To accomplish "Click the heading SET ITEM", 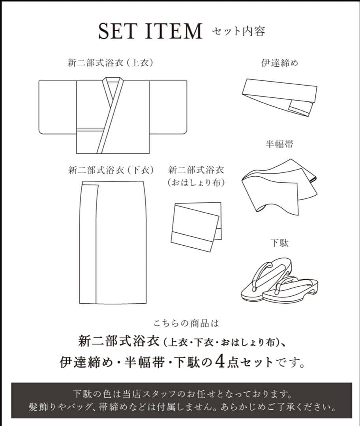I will click(x=150, y=31).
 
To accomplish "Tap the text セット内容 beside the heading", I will click(x=238, y=30).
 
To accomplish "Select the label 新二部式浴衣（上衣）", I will click(x=110, y=63).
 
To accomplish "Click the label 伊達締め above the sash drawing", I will click(x=279, y=63).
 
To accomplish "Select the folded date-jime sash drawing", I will click(x=278, y=97).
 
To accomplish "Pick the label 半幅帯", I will click(x=279, y=144).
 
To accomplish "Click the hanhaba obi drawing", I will click(x=278, y=185).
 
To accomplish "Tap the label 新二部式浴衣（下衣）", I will click(x=111, y=170).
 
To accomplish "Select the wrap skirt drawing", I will click(x=112, y=243).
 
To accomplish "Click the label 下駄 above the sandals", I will click(x=279, y=243).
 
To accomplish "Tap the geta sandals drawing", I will click(x=279, y=281).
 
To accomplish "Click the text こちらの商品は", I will click(x=186, y=324).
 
